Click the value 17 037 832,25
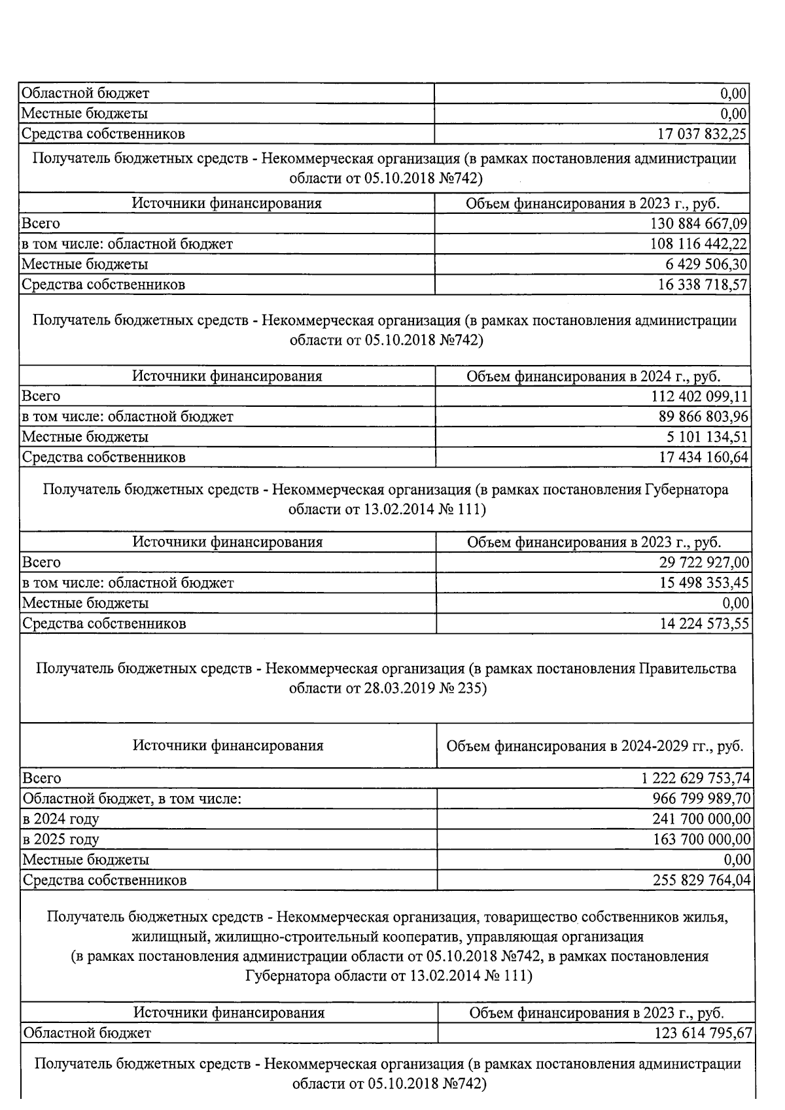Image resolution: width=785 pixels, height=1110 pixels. click(x=702, y=134)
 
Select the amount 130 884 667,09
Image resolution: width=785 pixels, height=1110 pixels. click(x=699, y=224)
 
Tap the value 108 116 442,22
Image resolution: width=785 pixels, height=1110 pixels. click(x=699, y=244)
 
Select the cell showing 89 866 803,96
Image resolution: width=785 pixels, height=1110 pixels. click(x=703, y=417)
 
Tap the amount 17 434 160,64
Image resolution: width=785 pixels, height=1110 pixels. click(x=703, y=457)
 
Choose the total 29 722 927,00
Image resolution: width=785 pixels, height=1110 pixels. click(x=704, y=563)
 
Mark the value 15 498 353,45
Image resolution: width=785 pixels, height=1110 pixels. click(x=704, y=583)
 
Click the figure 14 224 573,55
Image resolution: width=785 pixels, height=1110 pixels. click(x=704, y=623)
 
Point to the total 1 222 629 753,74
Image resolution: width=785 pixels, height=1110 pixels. click(x=695, y=778)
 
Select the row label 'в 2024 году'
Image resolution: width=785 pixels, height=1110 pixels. click(x=61, y=819)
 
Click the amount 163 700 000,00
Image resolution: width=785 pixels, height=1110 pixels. click(x=701, y=839)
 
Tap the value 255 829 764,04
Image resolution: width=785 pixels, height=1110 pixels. click(x=701, y=880)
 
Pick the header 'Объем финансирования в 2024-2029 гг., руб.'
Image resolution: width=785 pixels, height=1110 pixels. click(x=595, y=746)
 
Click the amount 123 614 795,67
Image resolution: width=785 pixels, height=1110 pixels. click(x=703, y=1033)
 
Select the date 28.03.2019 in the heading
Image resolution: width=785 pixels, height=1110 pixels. click(x=400, y=689)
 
